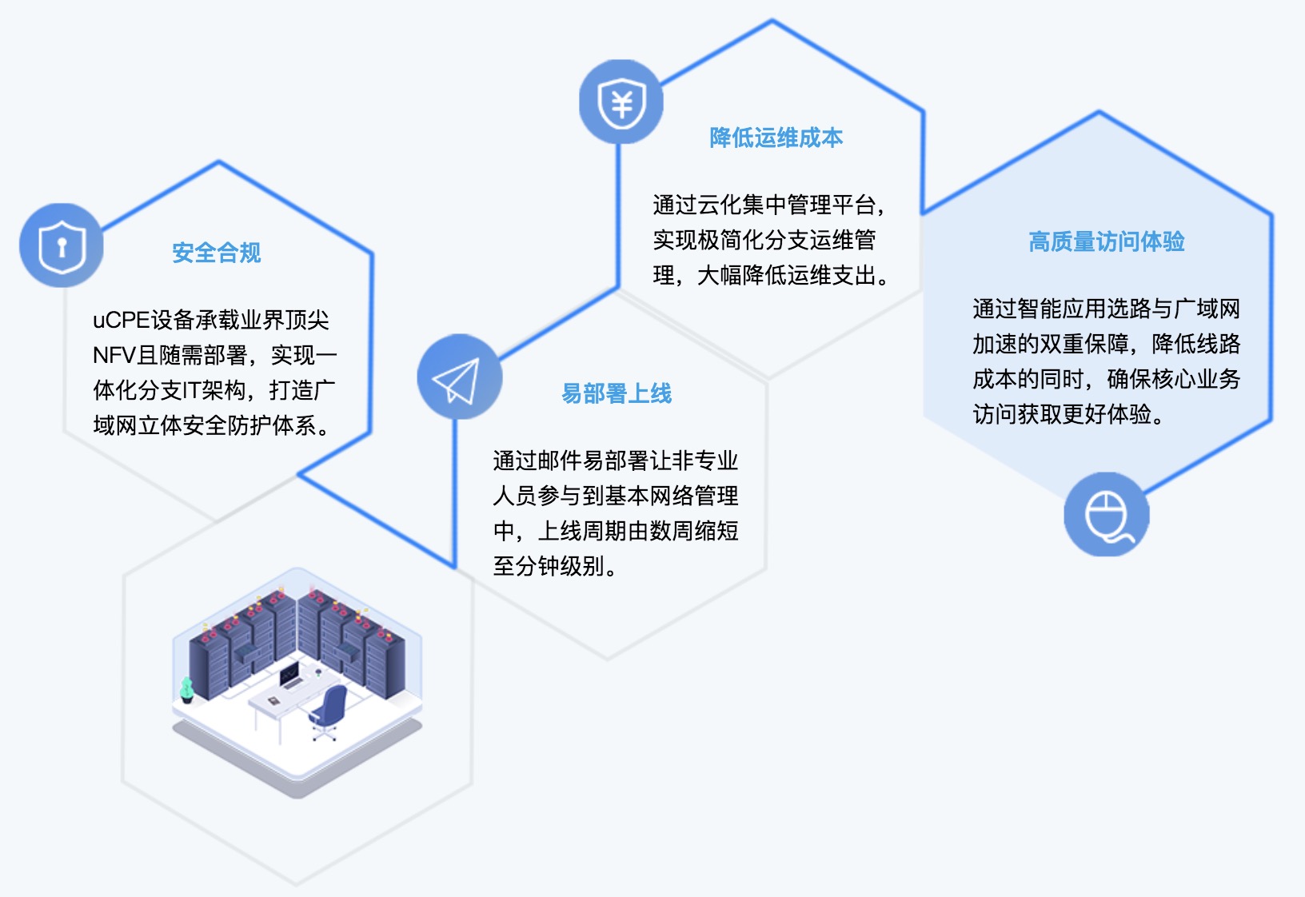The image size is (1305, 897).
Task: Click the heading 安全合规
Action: tap(216, 253)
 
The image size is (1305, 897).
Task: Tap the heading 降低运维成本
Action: tap(776, 138)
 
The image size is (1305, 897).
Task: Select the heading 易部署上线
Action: tap(617, 394)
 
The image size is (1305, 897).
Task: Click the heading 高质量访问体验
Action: tap(1107, 241)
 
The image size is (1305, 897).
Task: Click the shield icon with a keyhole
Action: tap(62, 245)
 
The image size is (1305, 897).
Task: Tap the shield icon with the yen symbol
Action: tap(621, 102)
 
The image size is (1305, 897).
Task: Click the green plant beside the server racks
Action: tap(186, 690)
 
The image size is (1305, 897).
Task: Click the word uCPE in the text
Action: tap(122, 321)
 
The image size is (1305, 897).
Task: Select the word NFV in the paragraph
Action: tap(114, 355)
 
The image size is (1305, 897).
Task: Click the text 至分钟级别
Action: tap(554, 566)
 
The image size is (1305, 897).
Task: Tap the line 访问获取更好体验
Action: tap(1068, 414)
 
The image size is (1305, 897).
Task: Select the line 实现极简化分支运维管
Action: tap(764, 240)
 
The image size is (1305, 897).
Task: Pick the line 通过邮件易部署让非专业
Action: tap(615, 460)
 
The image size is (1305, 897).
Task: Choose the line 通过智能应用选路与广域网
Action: tap(1107, 309)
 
